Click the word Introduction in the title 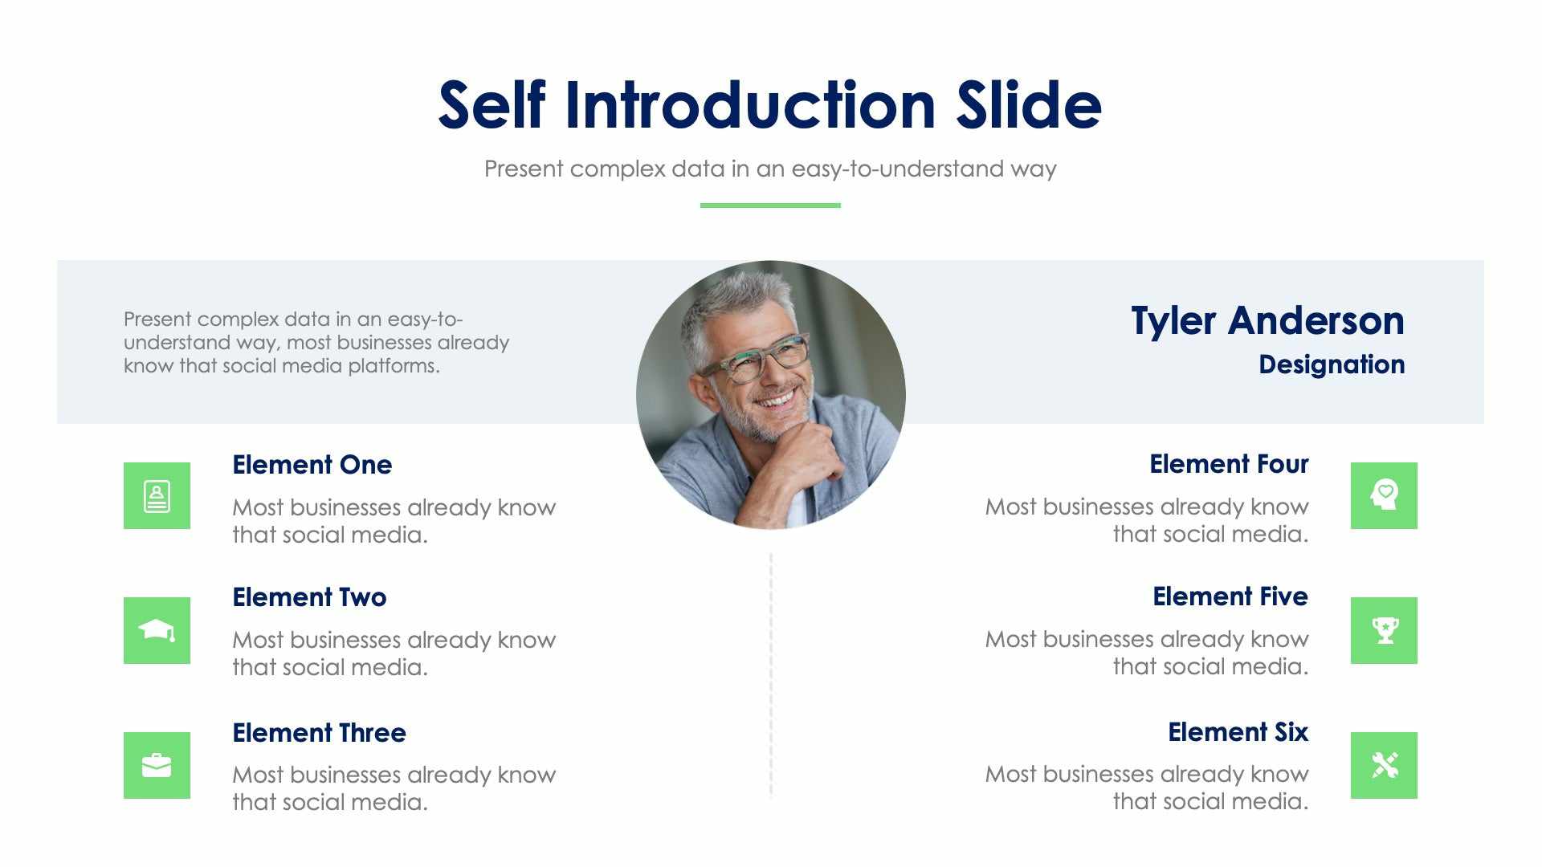click(750, 106)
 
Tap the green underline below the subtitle click(769, 206)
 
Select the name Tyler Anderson click(1267, 321)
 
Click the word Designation click(1331, 364)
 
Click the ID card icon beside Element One click(157, 496)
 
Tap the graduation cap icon click(157, 631)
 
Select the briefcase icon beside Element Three click(157, 766)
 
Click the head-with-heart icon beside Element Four click(1384, 496)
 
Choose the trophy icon click(1384, 631)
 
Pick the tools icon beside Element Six click(1384, 766)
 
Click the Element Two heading click(309, 597)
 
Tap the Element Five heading click(1230, 596)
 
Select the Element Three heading click(319, 733)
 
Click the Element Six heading click(1238, 732)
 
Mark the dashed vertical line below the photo click(771, 674)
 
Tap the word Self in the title click(492, 106)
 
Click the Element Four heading click(1229, 464)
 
